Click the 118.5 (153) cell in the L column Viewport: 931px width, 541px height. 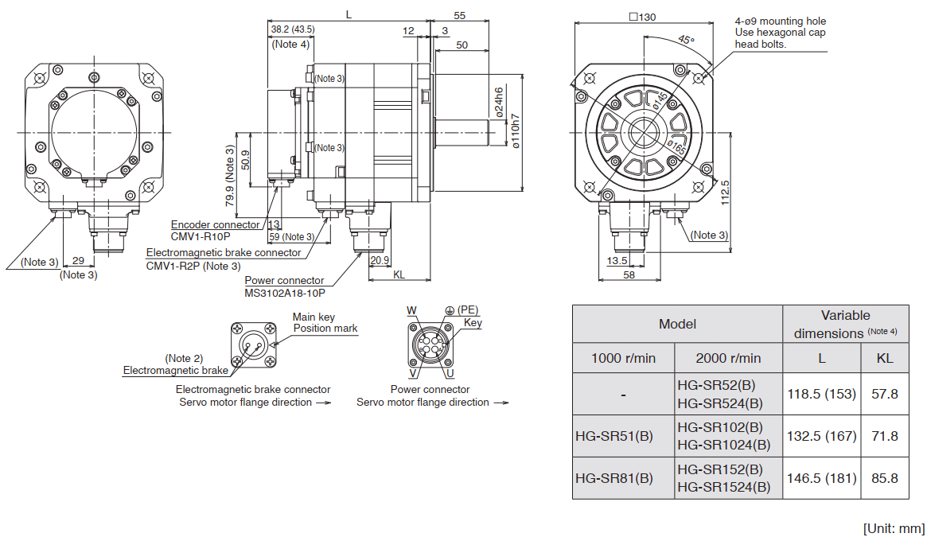[822, 393]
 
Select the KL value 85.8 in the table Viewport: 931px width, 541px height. [885, 478]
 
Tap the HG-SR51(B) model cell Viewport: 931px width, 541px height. [614, 436]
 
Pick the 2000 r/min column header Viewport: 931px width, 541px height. [728, 358]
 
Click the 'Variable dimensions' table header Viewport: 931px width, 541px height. [845, 325]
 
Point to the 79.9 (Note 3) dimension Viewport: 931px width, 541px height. [230, 175]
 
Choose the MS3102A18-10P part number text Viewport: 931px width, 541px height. [285, 293]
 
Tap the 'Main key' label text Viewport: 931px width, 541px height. [314, 317]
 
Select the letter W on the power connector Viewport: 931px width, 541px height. [411, 309]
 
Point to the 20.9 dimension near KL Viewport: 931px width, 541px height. [380, 259]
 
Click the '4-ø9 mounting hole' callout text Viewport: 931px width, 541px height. [781, 21]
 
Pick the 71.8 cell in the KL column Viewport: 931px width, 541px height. [885, 436]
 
